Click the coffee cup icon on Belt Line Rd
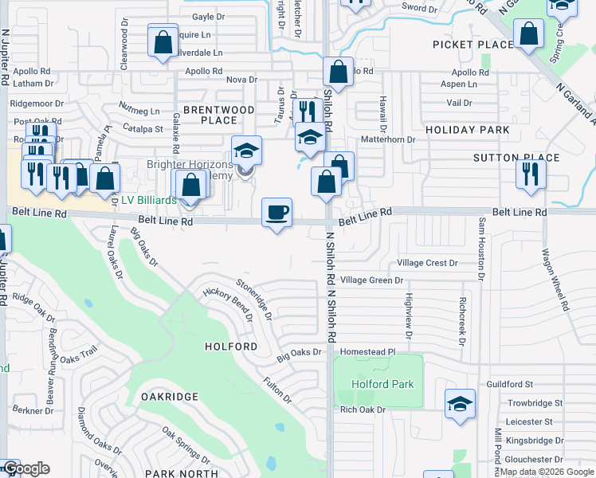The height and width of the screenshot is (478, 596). [x=276, y=213]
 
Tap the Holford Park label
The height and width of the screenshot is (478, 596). [x=382, y=384]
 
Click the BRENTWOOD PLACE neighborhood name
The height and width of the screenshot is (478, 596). [x=218, y=115]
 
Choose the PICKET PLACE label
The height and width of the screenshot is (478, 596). [x=472, y=45]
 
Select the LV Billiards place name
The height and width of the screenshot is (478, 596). [x=148, y=200]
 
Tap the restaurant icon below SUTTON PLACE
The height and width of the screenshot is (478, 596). [x=531, y=174]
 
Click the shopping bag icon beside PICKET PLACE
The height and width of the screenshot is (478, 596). [x=528, y=34]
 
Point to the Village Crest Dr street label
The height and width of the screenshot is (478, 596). [x=427, y=263]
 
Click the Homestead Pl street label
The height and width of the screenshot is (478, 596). [x=367, y=351]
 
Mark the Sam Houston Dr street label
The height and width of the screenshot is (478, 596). [x=481, y=249]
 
